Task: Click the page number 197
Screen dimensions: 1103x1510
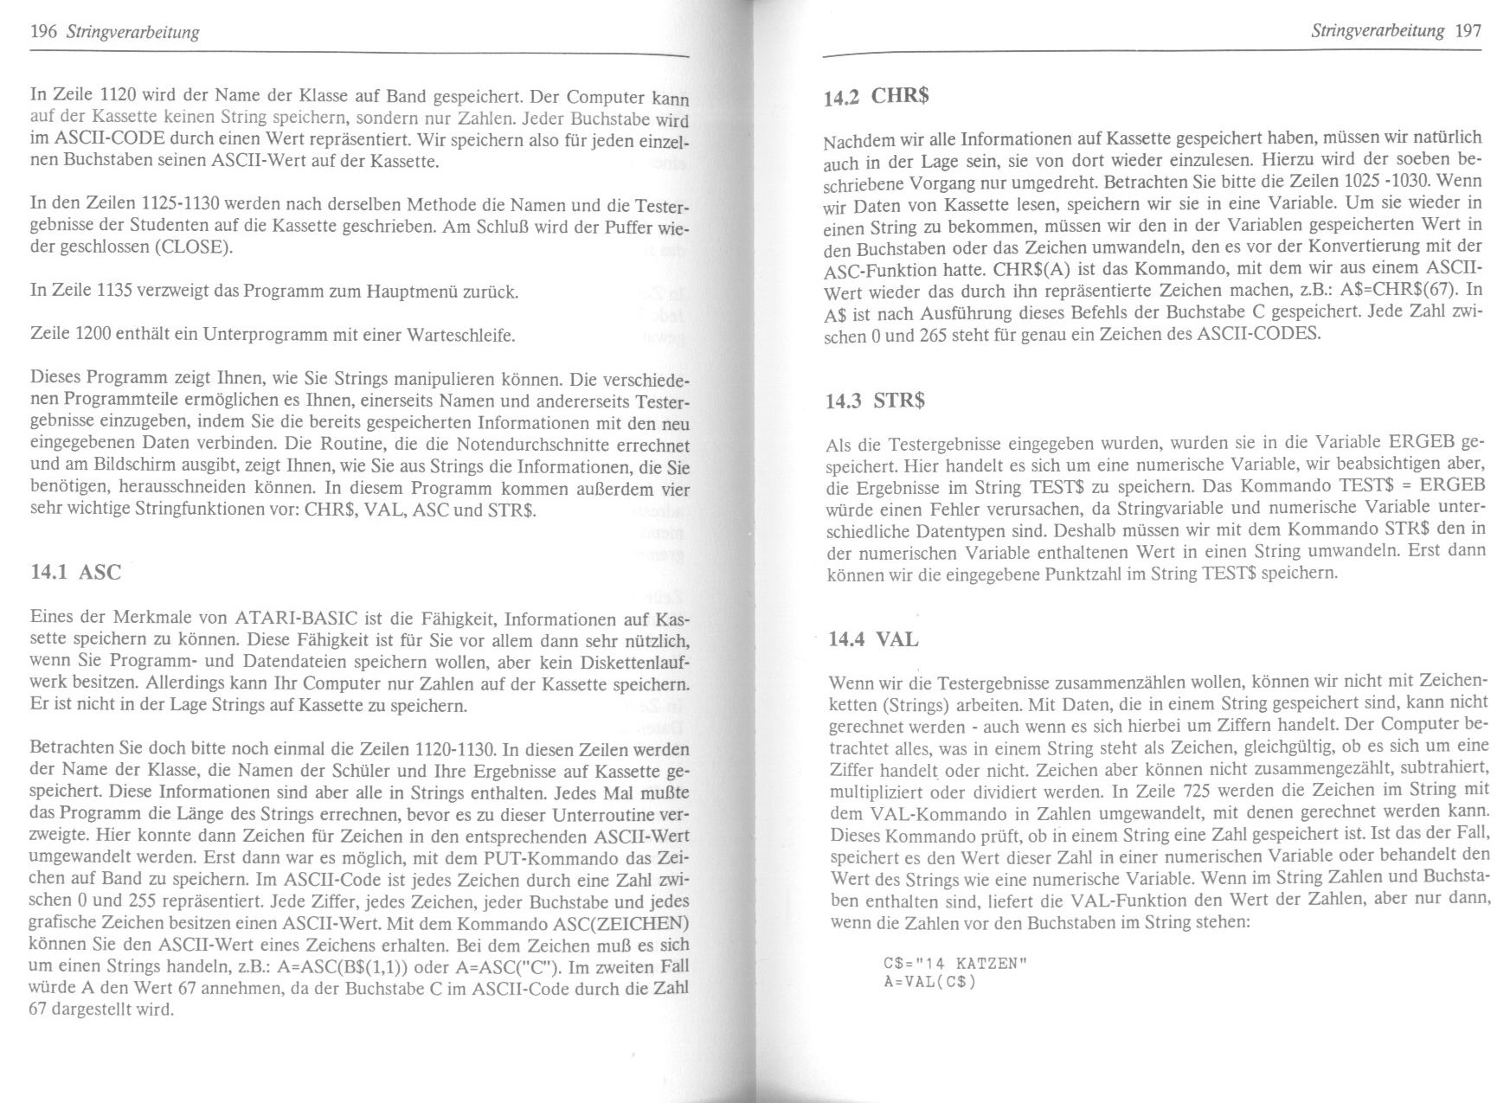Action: click(x=1468, y=31)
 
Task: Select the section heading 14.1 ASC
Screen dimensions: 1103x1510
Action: click(x=75, y=571)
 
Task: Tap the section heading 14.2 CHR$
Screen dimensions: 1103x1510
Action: click(x=876, y=96)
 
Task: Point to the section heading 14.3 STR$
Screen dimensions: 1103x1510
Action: click(x=876, y=401)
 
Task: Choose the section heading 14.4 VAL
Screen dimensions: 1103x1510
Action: click(x=873, y=639)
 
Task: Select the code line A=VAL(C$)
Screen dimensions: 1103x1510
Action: click(x=929, y=982)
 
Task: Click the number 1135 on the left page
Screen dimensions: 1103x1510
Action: click(x=117, y=292)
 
